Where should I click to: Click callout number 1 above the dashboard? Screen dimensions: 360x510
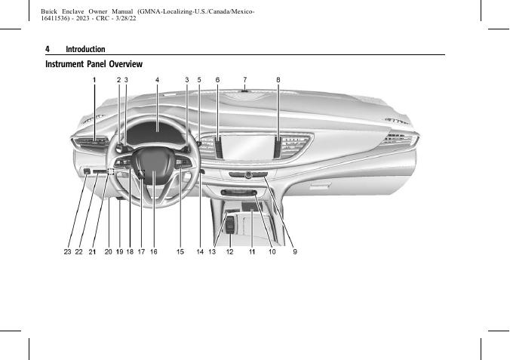coord(94,79)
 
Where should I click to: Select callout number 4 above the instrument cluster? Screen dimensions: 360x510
coord(157,79)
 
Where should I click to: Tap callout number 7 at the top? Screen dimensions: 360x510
coord(245,79)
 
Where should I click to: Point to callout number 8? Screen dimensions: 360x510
coord(278,79)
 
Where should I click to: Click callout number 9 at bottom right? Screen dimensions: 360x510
coord(295,252)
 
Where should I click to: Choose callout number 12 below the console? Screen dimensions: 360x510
coord(229,252)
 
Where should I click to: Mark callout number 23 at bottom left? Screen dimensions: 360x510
coord(67,252)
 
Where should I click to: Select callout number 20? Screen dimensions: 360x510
coord(108,252)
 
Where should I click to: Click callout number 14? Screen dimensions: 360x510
coord(200,252)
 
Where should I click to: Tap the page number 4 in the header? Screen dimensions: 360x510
coord(48,49)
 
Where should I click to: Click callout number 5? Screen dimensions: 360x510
coord(199,79)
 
